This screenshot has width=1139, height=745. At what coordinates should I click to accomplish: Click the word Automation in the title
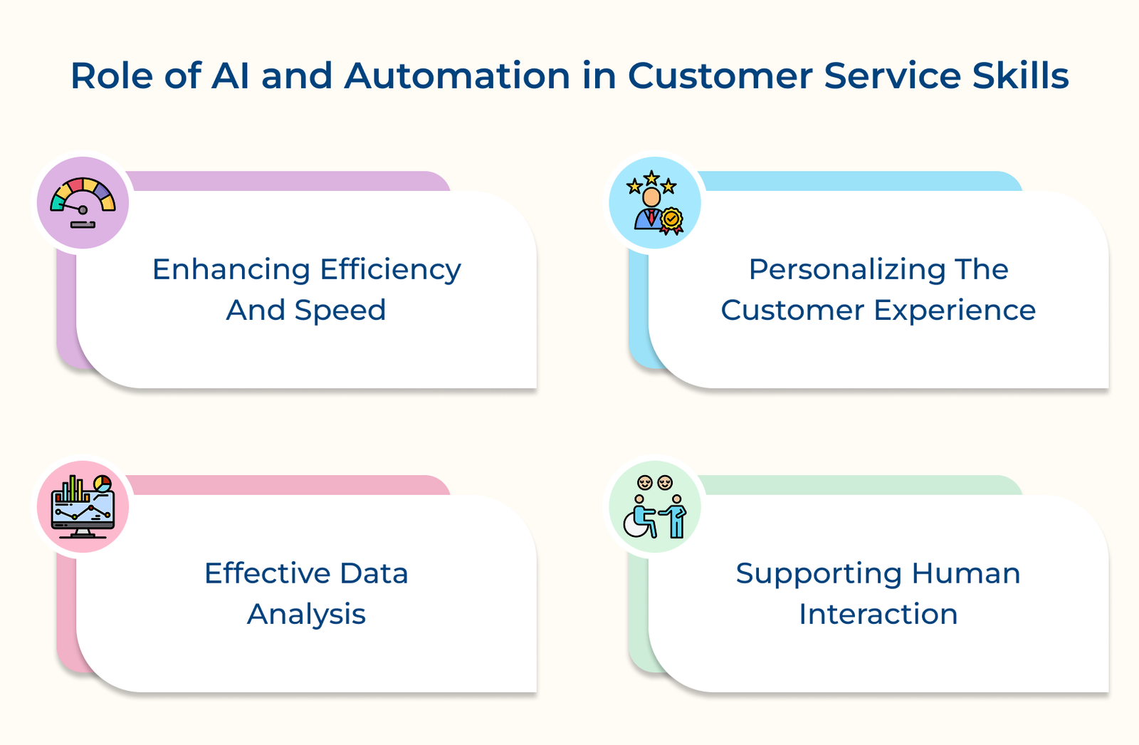[x=457, y=76]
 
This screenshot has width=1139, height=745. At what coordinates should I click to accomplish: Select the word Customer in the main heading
[x=720, y=76]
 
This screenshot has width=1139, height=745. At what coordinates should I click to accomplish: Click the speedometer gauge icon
[x=83, y=203]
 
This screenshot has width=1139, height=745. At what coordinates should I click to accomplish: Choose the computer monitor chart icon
[x=83, y=507]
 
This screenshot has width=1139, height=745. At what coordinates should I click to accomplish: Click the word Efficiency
[x=390, y=270]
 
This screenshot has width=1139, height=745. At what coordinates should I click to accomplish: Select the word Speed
[x=340, y=311]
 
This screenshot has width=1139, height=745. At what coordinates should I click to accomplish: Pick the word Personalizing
[x=845, y=270]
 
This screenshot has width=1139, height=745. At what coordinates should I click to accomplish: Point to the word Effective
[x=267, y=574]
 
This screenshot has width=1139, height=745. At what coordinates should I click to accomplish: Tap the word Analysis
[x=306, y=615]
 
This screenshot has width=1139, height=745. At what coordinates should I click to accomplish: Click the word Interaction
[x=878, y=615]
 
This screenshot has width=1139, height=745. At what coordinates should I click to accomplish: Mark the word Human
[x=966, y=574]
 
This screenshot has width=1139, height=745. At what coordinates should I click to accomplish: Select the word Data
[x=374, y=574]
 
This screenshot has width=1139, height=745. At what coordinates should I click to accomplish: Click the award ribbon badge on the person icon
[x=671, y=219]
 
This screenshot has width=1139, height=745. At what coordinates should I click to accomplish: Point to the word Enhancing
[x=231, y=270]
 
